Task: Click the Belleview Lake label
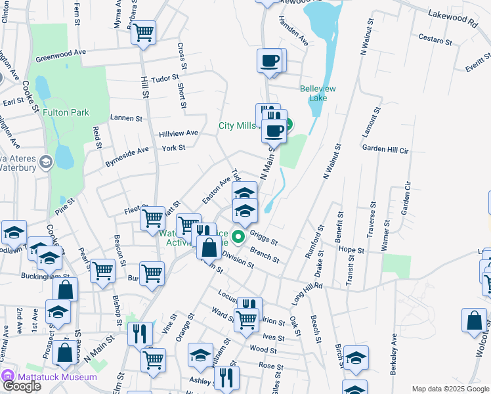[x=318, y=93]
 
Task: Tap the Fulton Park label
[x=66, y=112]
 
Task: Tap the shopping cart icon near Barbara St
[x=144, y=32]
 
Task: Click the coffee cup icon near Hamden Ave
[x=269, y=61]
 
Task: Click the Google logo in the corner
[x=22, y=386]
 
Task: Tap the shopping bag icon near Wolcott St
[x=475, y=321]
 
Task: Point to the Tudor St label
[x=165, y=77]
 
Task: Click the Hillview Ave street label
[x=178, y=133]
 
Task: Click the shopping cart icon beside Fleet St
[x=153, y=217]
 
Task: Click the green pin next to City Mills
[x=288, y=123]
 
